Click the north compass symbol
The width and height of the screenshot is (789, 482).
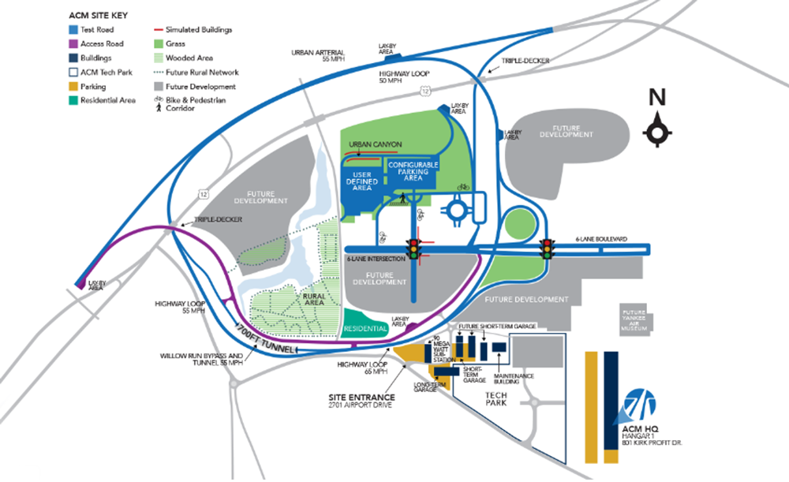[656, 131]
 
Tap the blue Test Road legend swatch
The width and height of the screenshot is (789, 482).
[72, 30]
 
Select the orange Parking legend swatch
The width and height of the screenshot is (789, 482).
[72, 87]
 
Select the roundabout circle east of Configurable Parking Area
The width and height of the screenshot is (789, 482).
[459, 211]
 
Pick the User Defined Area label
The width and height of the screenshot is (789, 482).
[363, 181]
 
